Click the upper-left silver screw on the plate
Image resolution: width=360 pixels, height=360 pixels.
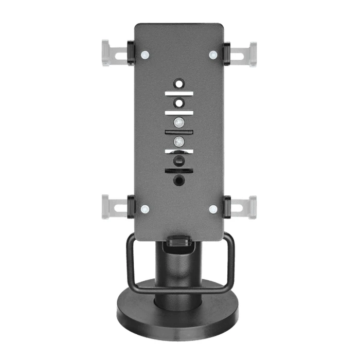coord(145,54)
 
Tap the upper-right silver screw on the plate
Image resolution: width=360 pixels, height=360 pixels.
coord(213,54)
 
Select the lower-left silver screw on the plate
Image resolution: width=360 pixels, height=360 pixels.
coord(145,209)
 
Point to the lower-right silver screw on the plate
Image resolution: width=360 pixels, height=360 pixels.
coord(213,209)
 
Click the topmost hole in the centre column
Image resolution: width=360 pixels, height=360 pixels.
coord(179,83)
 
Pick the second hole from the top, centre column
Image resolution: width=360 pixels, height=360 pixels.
coord(179,103)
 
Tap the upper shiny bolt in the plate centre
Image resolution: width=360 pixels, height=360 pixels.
coord(179,122)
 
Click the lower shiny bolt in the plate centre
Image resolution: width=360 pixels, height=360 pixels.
coord(179,141)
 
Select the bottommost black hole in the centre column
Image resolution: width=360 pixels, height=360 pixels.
coord(179,180)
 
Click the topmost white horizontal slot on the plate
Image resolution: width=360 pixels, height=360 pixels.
coord(179,93)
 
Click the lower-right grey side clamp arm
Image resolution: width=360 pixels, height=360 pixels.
coord(245,207)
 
